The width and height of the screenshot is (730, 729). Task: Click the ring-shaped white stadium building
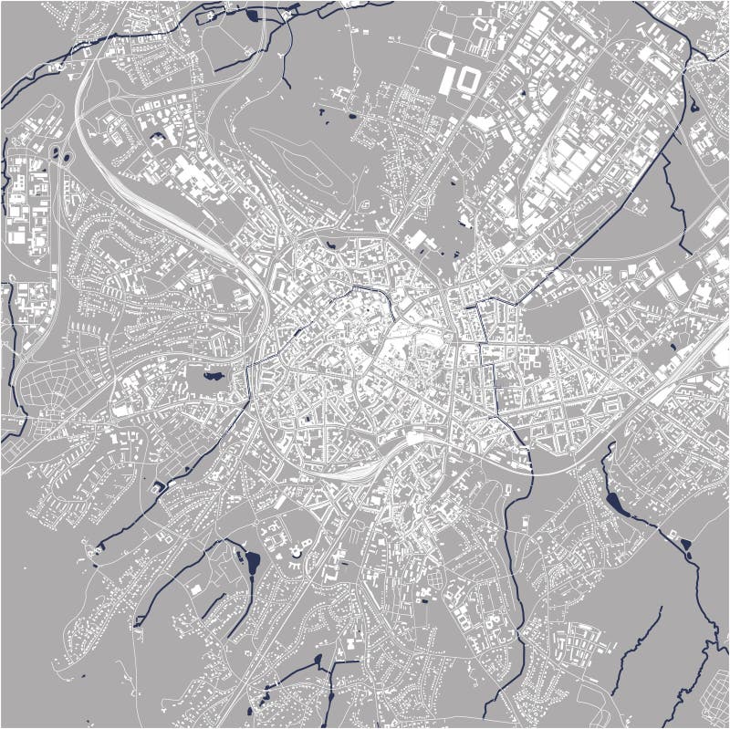point(468,81)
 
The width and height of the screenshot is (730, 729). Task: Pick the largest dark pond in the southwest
point(251,563)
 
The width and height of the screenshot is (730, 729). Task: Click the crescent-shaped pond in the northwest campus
point(158,139)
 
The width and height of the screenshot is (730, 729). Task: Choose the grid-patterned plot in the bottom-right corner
point(584,639)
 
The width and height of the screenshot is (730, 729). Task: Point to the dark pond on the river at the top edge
point(252,16)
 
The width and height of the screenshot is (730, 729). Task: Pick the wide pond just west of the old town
point(213,374)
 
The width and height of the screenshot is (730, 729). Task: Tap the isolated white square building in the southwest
point(195,588)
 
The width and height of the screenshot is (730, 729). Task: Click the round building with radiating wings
point(297,552)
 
